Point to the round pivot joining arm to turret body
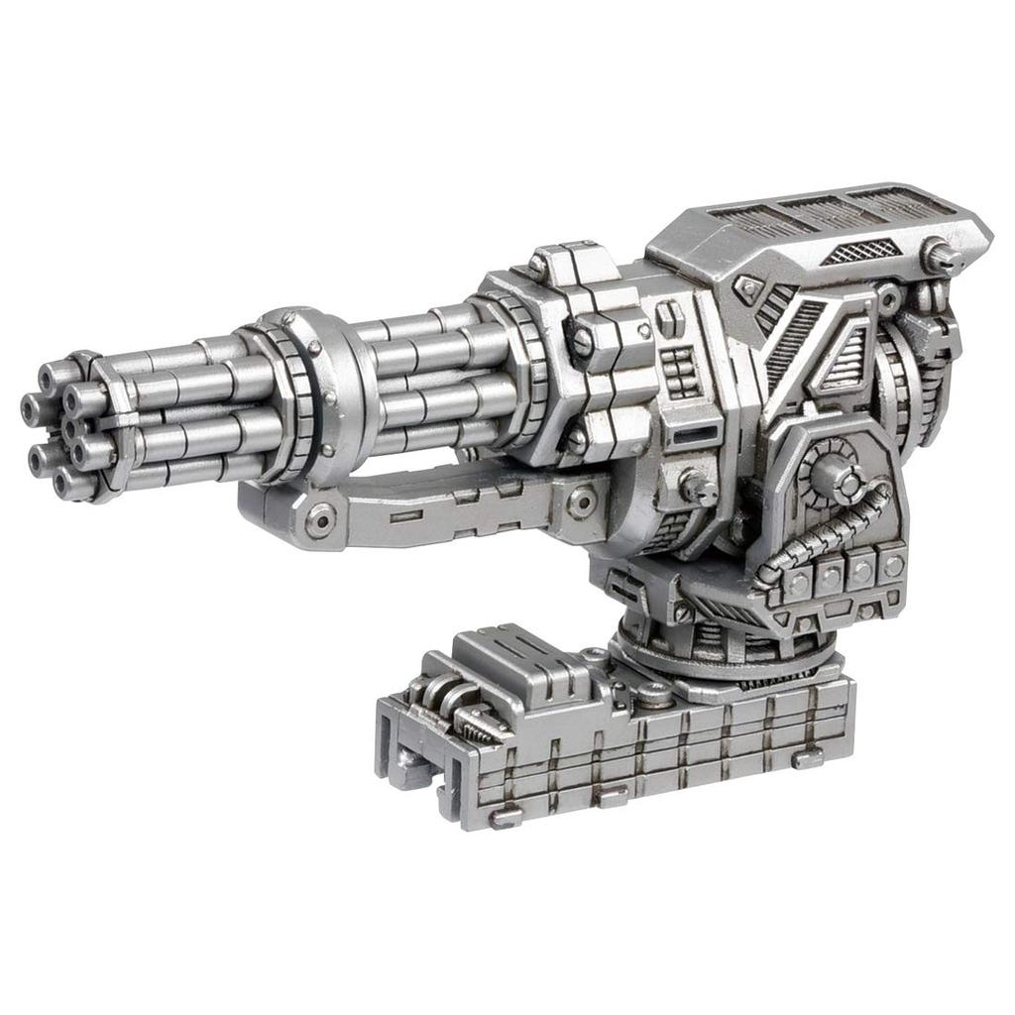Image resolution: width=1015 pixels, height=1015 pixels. [x=580, y=504]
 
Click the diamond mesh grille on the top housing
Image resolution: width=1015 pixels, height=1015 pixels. [x=854, y=252]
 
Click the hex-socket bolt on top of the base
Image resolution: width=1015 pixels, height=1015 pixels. [x=653, y=695]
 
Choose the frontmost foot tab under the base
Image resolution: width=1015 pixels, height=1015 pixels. [x=506, y=817]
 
